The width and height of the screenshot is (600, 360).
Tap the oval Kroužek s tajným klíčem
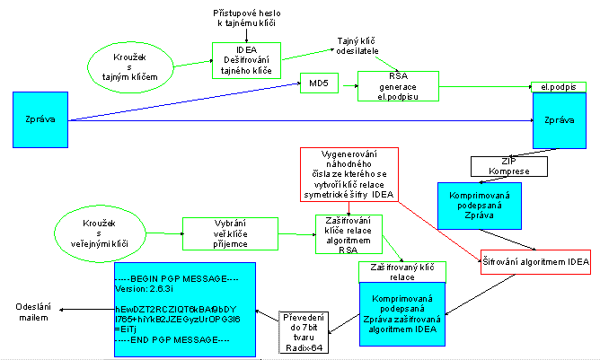(137, 67)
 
